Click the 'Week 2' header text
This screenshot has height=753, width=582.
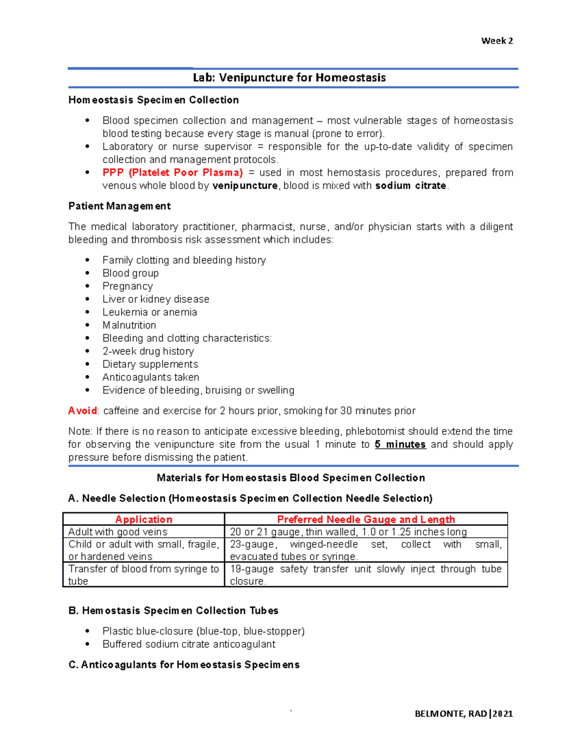coord(497,41)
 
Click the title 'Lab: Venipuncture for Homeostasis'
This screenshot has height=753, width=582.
coord(289,78)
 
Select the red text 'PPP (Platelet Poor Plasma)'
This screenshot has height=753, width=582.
coord(172,173)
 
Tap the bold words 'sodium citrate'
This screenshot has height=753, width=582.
coord(410,186)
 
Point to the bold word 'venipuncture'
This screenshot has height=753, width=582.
coord(245,186)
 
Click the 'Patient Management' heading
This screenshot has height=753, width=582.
coord(119,206)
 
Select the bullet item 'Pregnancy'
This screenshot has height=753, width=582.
coord(128,286)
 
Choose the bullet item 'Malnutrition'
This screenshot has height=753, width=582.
coord(129,325)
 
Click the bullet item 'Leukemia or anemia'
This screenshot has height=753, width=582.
coord(149,312)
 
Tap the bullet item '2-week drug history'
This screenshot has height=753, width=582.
coord(148,351)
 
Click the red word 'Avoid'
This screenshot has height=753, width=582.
coord(82,411)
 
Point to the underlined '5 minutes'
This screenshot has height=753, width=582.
coord(400,445)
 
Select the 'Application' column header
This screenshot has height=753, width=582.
coord(144,519)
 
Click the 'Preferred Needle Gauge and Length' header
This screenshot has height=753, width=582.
coord(366,519)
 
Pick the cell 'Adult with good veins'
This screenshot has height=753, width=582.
coord(118,532)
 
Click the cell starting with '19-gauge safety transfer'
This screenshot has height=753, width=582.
coord(366,575)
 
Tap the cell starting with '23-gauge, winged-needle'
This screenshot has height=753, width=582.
coord(366,550)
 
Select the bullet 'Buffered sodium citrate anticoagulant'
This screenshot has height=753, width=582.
coord(189,644)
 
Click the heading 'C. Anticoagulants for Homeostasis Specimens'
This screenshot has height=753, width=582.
coord(184,665)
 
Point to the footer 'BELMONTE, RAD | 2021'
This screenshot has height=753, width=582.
coord(464,713)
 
